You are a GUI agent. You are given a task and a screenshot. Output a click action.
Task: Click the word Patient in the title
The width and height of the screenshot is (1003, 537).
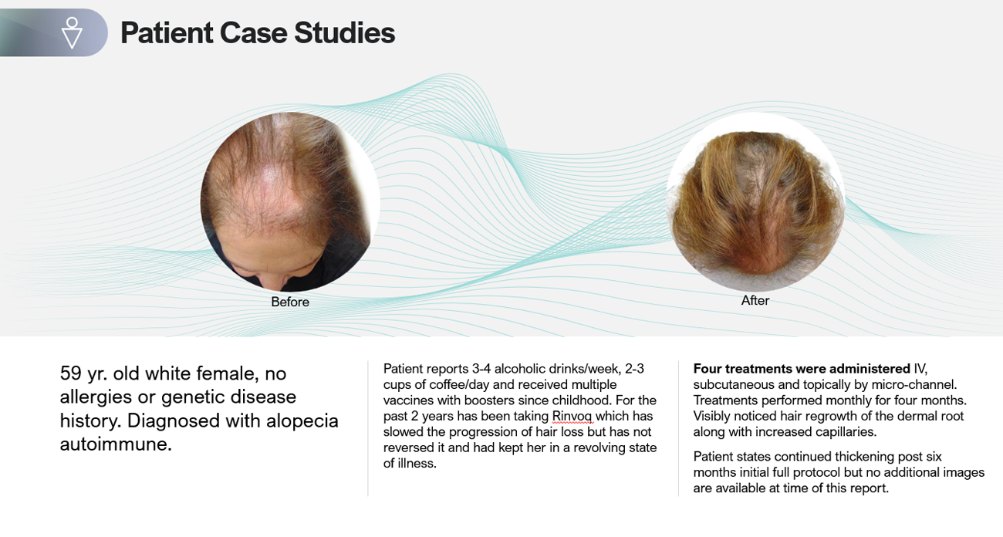[167, 33]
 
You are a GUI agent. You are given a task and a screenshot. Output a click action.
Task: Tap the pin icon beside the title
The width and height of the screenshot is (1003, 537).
[72, 32]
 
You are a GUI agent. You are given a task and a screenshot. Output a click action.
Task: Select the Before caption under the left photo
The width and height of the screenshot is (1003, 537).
[290, 302]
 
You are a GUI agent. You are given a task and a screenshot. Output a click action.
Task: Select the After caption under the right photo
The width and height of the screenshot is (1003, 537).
[755, 300]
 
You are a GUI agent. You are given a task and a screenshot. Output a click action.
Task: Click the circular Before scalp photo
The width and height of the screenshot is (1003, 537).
[290, 202]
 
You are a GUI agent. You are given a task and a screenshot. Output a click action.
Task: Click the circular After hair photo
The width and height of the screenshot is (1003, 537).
[755, 201]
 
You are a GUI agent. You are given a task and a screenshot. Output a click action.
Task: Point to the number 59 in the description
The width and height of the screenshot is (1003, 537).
[71, 373]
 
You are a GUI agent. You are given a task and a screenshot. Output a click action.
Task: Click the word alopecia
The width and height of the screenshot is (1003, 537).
[302, 421]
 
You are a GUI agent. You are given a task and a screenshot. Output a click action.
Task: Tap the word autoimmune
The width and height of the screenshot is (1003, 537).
[116, 444]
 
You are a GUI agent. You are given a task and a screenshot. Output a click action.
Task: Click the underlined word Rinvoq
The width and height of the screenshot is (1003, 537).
[572, 416]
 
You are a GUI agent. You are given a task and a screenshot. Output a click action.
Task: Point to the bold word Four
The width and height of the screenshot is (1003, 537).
[708, 369]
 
